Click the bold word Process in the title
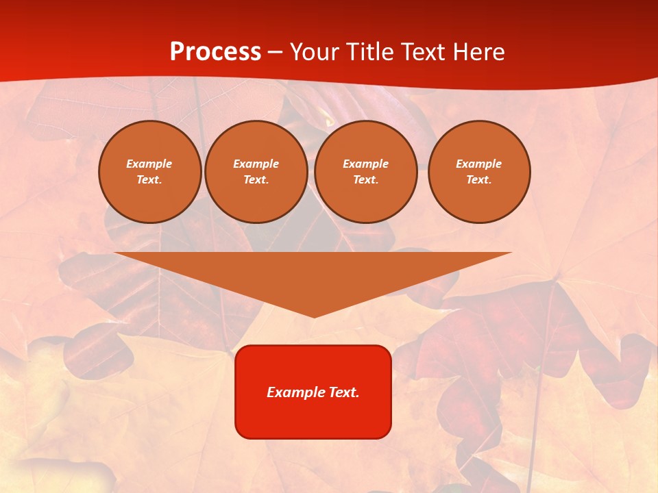[215, 52]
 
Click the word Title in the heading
[371, 52]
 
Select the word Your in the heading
[317, 52]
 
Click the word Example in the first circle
[149, 164]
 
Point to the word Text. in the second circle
[256, 180]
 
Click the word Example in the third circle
[365, 164]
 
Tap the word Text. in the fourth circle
[478, 180]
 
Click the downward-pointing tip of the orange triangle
[314, 314]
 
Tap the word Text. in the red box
[344, 392]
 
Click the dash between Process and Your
[276, 53]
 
